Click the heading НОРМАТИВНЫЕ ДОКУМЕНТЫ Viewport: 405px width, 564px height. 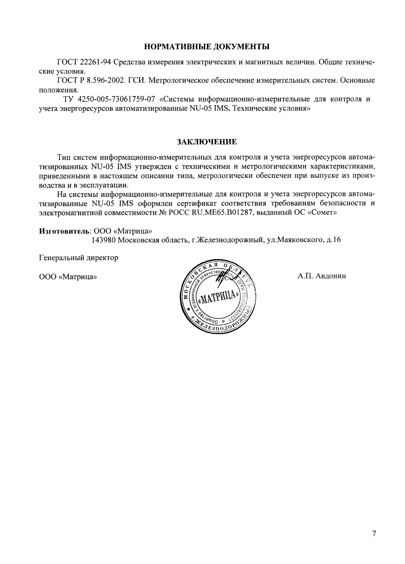click(x=207, y=46)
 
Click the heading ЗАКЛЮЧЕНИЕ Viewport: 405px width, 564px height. click(x=207, y=142)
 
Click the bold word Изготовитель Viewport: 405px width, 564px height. click(x=64, y=231)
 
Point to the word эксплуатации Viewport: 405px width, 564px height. click(x=107, y=184)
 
